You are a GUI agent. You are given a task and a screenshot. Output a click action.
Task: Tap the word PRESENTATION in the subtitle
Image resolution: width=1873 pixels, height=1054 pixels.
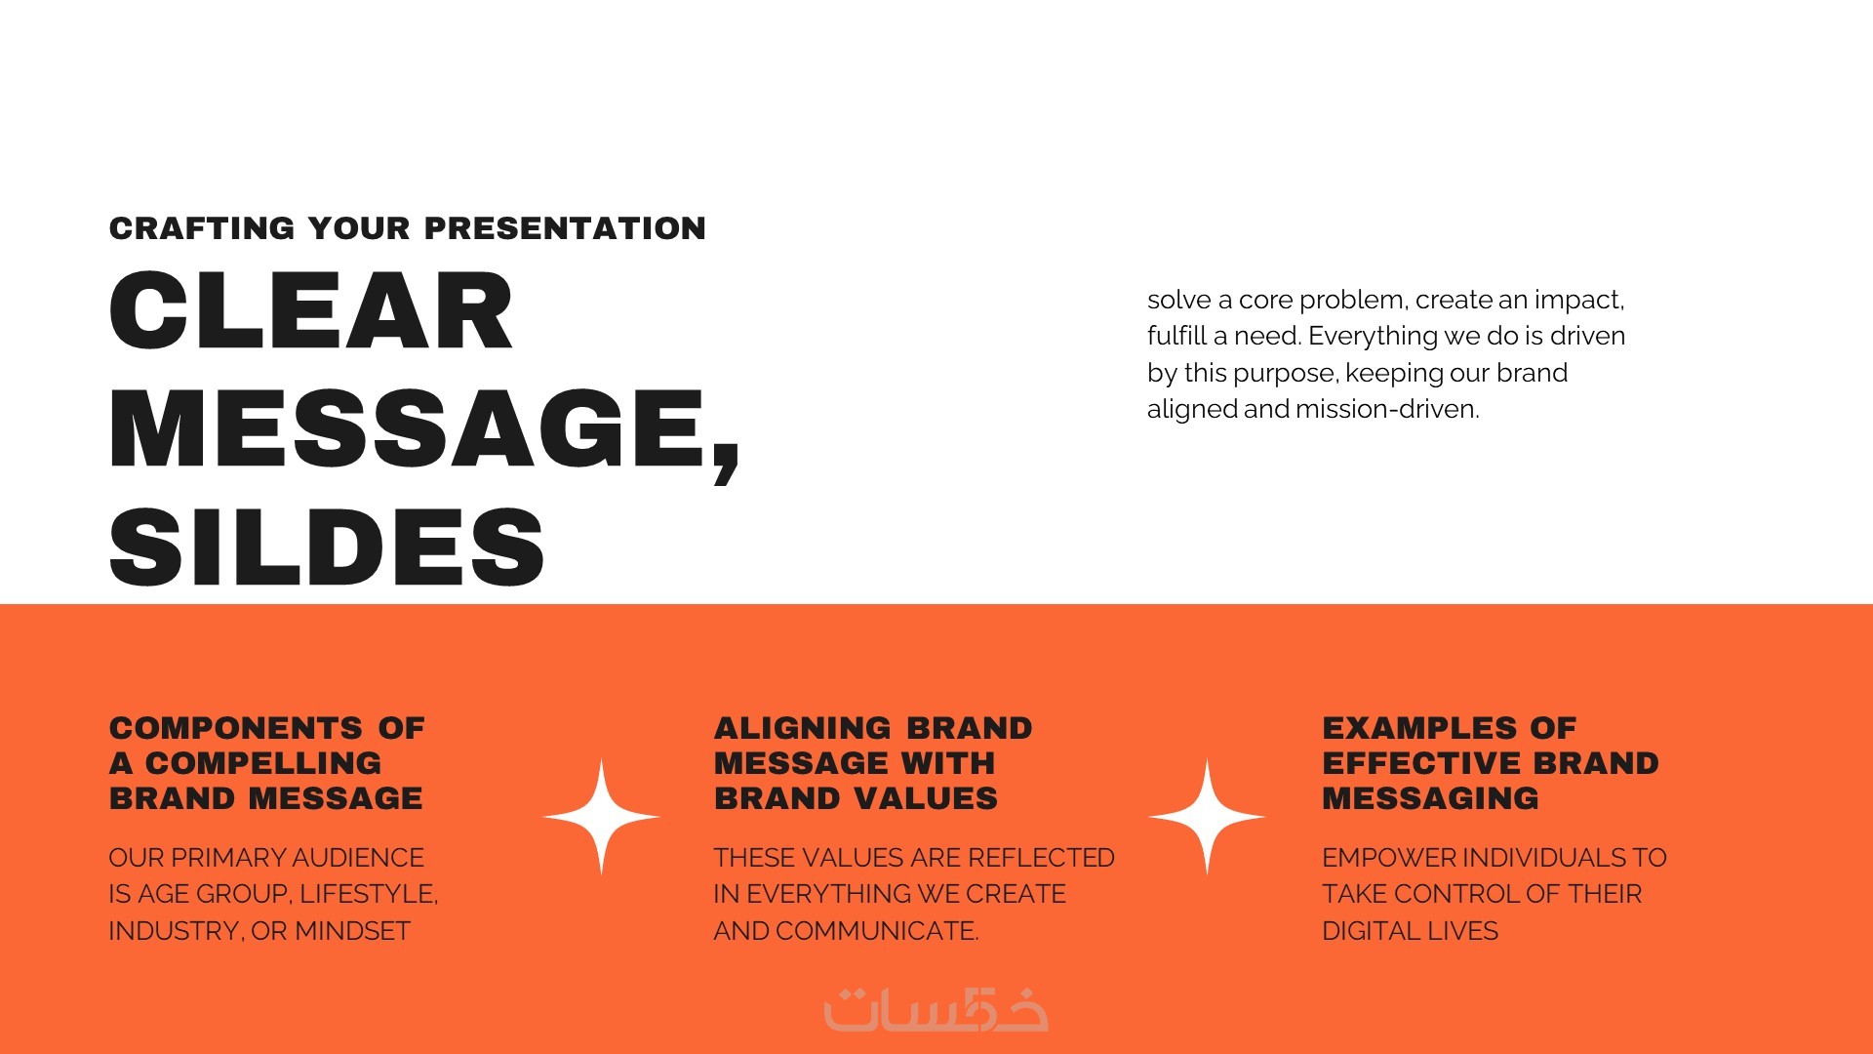coord(565,228)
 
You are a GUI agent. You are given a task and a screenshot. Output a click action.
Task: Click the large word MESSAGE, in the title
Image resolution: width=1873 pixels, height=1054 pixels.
coord(425,430)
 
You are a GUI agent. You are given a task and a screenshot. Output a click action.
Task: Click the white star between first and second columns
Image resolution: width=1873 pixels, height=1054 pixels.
coord(601,817)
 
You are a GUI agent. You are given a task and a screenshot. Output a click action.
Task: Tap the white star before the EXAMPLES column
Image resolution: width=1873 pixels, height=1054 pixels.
coord(1207,817)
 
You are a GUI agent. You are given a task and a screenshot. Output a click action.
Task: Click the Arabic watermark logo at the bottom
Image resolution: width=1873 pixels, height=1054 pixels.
coord(936,1009)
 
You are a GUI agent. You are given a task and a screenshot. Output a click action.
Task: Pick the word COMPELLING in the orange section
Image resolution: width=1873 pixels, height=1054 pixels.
coord(263,763)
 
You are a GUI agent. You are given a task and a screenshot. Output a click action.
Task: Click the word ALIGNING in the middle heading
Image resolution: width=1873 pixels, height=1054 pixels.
coord(803,728)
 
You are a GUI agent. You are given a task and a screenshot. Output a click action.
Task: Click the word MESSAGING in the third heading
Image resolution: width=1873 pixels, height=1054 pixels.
coord(1431,798)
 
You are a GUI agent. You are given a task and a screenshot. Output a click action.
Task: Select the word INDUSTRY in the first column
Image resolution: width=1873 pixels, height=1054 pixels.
coord(174,931)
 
